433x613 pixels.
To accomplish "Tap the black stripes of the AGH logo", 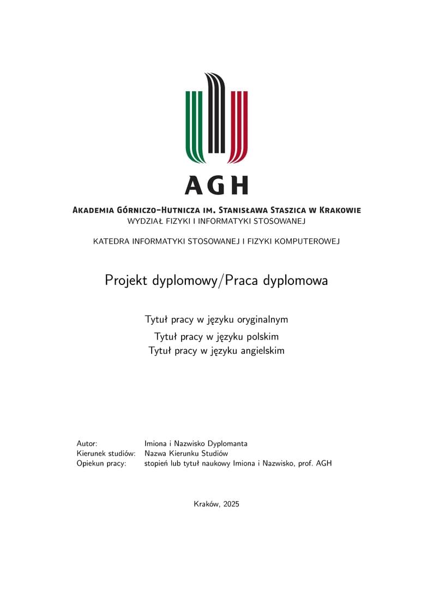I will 216,115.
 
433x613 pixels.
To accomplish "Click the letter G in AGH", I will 217,186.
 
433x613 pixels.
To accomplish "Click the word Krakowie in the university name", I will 340,210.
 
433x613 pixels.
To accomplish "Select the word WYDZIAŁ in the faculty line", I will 144,222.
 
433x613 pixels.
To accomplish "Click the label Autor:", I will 87,444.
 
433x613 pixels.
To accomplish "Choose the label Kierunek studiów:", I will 106,454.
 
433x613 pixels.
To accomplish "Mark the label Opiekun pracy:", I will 101,463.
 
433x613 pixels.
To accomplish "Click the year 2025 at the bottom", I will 230,504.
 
